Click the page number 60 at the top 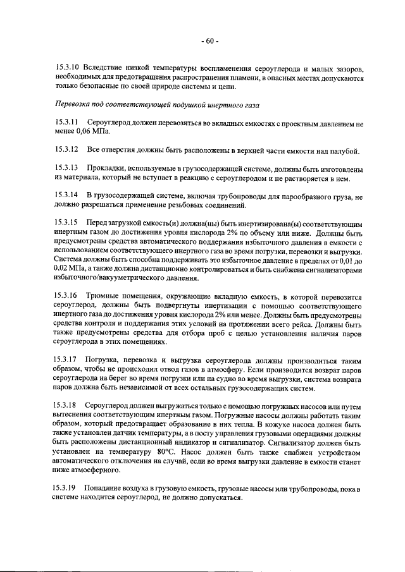coord(210,42)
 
